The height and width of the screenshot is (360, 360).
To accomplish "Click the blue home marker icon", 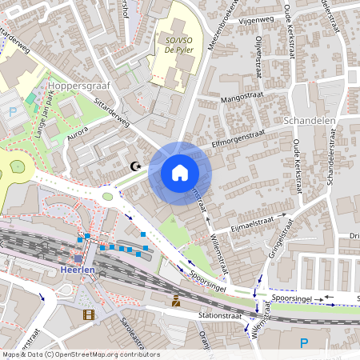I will point(179,173).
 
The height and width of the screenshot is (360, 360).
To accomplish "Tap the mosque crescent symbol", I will point(135,166).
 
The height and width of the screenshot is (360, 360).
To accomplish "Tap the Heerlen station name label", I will point(78,270).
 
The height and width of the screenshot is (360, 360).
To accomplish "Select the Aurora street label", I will point(78,134).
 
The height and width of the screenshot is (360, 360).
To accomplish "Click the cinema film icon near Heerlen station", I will point(87,314).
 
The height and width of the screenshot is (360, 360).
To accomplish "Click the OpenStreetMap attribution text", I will point(80,354).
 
